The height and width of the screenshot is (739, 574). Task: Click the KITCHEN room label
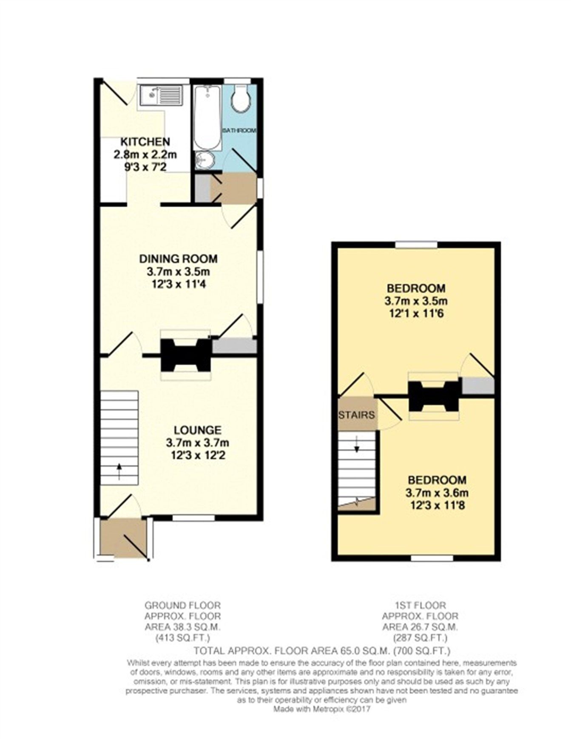point(145,142)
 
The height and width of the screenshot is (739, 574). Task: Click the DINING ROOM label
point(179,259)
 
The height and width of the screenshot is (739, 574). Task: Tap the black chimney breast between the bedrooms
point(433,396)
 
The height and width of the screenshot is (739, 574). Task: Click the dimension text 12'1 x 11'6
point(415,314)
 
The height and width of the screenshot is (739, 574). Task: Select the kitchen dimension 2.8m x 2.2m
point(145,154)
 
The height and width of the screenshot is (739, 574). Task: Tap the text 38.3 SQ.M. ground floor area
point(184,627)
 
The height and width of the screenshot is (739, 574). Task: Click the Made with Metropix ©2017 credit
point(322,709)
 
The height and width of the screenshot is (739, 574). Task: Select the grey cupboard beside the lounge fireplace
point(234,346)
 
